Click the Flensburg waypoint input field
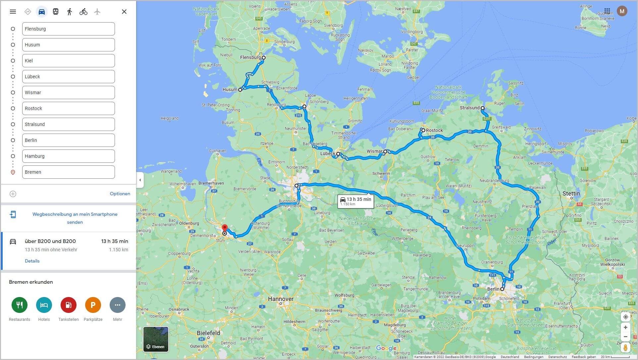[68, 29]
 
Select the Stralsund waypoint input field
[68, 124]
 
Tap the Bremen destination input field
[68, 172]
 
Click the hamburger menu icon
[13, 12]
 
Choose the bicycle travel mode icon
[83, 12]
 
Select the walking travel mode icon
[69, 12]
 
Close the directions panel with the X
[124, 12]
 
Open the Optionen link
[120, 194]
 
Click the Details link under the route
[32, 261]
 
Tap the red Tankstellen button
[69, 305]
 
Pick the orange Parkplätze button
[93, 305]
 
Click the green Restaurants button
[20, 305]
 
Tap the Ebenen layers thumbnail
[156, 339]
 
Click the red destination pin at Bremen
[225, 228]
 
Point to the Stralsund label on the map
[469, 108]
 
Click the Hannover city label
[281, 299]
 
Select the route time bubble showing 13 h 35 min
[356, 201]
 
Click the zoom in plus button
[625, 328]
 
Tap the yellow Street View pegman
[625, 347]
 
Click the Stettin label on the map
[571, 194]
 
